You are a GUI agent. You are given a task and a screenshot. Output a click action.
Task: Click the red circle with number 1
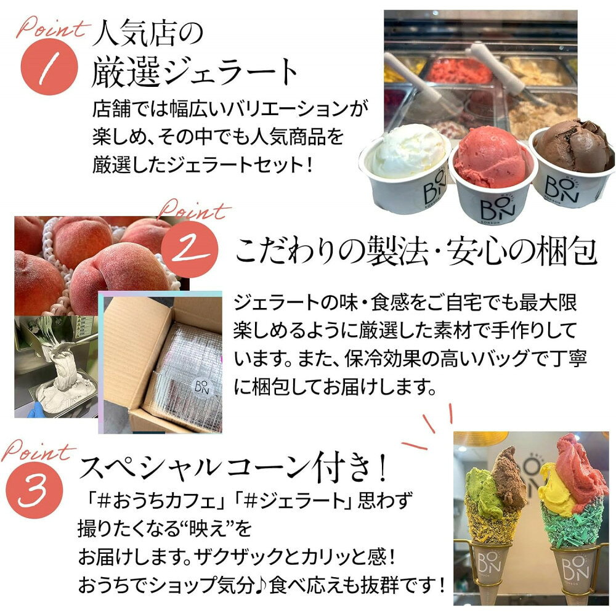pyautogui.click(x=49, y=67)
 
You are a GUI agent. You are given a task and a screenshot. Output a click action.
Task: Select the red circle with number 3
pyautogui.click(x=34, y=490)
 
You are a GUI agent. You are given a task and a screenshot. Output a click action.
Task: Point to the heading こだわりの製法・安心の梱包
pyautogui.click(x=416, y=251)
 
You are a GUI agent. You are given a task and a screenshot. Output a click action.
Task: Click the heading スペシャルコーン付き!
pyautogui.click(x=233, y=468)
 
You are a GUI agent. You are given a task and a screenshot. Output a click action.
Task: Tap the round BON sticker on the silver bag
pyautogui.click(x=201, y=387)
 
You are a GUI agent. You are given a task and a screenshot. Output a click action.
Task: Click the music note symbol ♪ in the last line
pyautogui.click(x=261, y=585)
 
